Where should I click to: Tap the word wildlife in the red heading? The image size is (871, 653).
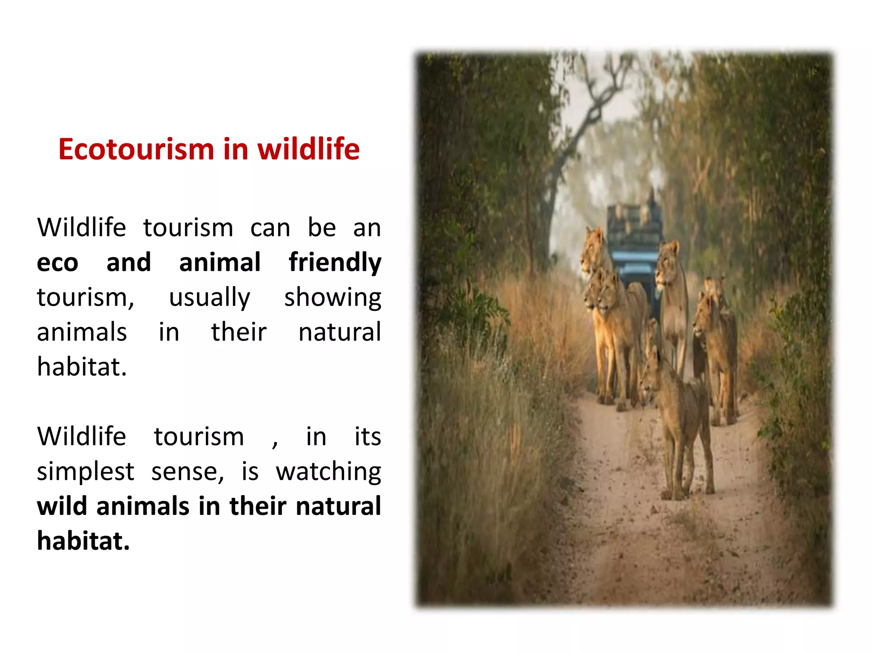[309, 150]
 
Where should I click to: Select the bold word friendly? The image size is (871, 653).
[335, 263]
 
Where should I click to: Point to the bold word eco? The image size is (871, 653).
[57, 263]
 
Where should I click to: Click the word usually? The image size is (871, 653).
[210, 298]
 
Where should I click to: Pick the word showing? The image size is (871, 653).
[333, 298]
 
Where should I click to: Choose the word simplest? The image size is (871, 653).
[85, 472]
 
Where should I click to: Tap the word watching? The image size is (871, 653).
[328, 472]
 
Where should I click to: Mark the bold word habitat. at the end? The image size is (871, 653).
[83, 541]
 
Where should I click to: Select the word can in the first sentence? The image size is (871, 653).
[270, 228]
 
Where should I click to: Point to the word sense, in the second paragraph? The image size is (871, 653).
[188, 472]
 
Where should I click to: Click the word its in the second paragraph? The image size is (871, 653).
[367, 437]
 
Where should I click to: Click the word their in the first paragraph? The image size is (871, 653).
[239, 332]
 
